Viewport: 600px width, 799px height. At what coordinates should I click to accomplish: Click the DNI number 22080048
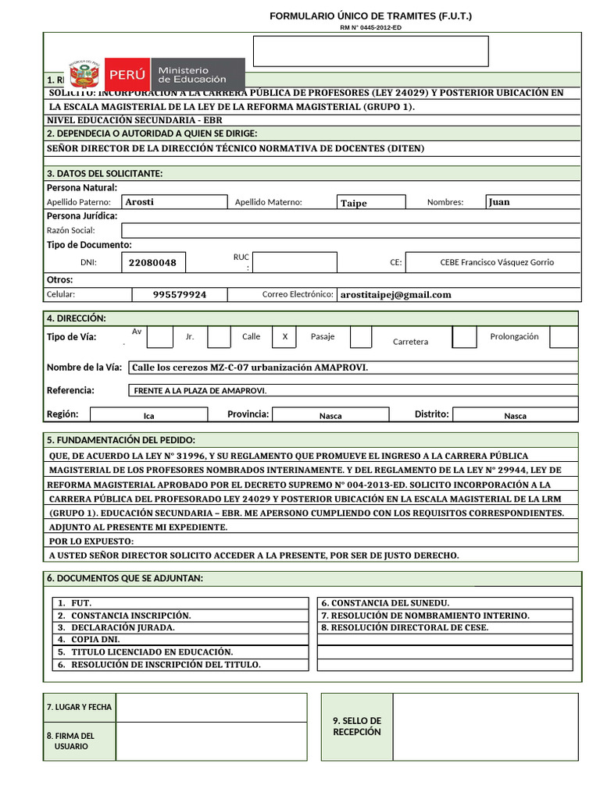pyautogui.click(x=153, y=263)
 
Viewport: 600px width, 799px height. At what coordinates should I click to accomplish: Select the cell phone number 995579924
pyautogui.click(x=180, y=295)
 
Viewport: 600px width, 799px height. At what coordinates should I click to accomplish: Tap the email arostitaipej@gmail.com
pyautogui.click(x=396, y=295)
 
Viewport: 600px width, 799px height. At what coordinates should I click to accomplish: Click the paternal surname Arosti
pyautogui.click(x=140, y=202)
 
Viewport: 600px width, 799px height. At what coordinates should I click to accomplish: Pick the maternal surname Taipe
pyautogui.click(x=354, y=203)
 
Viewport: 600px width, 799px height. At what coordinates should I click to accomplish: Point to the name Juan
pyautogui.click(x=499, y=202)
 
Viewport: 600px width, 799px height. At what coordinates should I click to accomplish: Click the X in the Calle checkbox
pyautogui.click(x=285, y=337)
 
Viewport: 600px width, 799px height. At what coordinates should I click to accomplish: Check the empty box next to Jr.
pyautogui.click(x=219, y=337)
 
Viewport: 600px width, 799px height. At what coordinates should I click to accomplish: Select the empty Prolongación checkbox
pyautogui.click(x=563, y=337)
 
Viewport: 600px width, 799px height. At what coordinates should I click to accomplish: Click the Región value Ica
pyautogui.click(x=148, y=416)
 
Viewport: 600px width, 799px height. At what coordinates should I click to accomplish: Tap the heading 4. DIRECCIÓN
pyautogui.click(x=77, y=318)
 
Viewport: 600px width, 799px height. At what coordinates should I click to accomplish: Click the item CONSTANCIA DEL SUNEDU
pyautogui.click(x=385, y=603)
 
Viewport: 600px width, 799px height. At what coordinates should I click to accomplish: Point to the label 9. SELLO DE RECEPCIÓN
pyautogui.click(x=356, y=726)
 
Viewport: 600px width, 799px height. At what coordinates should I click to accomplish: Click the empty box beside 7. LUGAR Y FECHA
pyautogui.click(x=211, y=708)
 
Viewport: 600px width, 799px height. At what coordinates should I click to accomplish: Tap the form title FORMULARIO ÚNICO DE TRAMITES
pyautogui.click(x=370, y=16)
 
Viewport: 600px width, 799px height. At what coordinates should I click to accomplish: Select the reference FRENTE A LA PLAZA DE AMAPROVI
pyautogui.click(x=201, y=390)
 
